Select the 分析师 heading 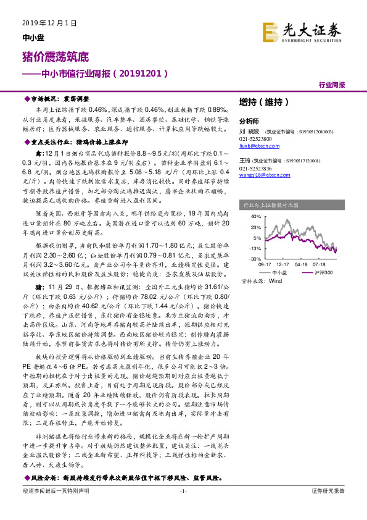pyautogui.click(x=249, y=122)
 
